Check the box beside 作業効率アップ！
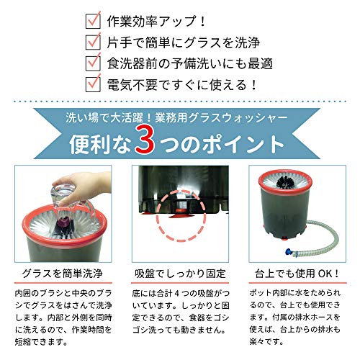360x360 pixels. pos(93,21)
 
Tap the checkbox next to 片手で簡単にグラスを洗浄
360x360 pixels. pos(93,42)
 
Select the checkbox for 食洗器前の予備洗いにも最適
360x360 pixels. pos(93,63)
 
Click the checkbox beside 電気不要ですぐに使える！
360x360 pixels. pos(93,84)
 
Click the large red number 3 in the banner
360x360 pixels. pos(145,140)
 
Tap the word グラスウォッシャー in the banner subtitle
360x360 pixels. pos(238,118)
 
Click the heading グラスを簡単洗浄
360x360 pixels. pos(63,274)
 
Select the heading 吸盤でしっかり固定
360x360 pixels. pos(180,274)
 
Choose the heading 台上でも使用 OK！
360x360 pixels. pos(297,274)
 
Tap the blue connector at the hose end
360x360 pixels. pos(289,252)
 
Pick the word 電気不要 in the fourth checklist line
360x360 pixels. pos(132,85)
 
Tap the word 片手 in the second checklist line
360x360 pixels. pos(120,42)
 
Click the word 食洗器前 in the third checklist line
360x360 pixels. pos(132,63)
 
